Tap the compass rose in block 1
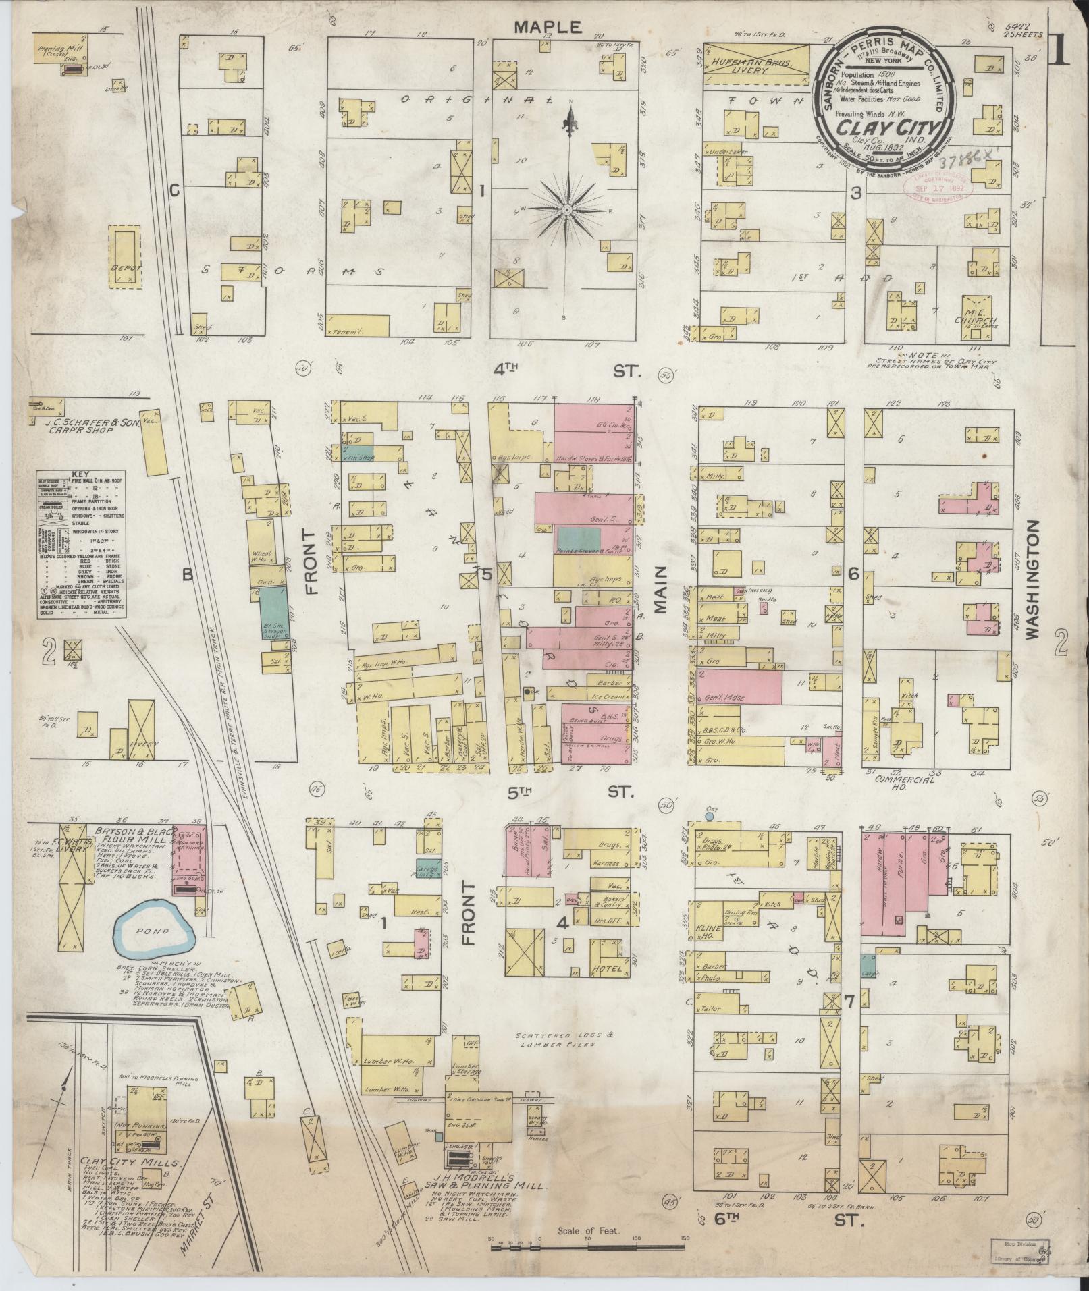click(568, 210)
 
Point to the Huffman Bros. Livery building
click(755, 65)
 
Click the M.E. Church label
click(972, 321)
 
